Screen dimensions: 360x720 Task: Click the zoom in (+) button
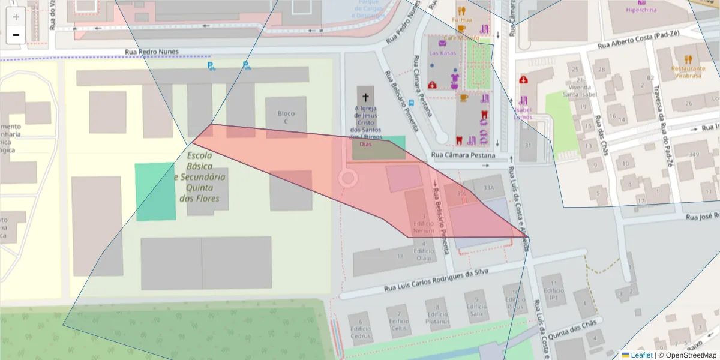tap(16, 17)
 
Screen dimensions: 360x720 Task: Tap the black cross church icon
tap(365, 97)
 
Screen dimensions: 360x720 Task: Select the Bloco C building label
tap(286, 118)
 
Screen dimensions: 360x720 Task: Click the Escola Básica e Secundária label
tap(200, 177)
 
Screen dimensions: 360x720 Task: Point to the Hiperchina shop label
tap(641, 10)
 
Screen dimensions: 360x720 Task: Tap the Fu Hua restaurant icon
tap(461, 11)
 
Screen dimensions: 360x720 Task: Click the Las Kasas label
tap(442, 53)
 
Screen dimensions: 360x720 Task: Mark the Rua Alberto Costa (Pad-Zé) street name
tap(638, 40)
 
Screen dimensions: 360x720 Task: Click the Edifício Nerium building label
tap(423, 227)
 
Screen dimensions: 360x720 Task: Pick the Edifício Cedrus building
tap(361, 332)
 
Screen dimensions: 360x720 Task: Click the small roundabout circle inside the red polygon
tap(347, 178)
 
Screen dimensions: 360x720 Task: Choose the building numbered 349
tap(694, 155)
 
